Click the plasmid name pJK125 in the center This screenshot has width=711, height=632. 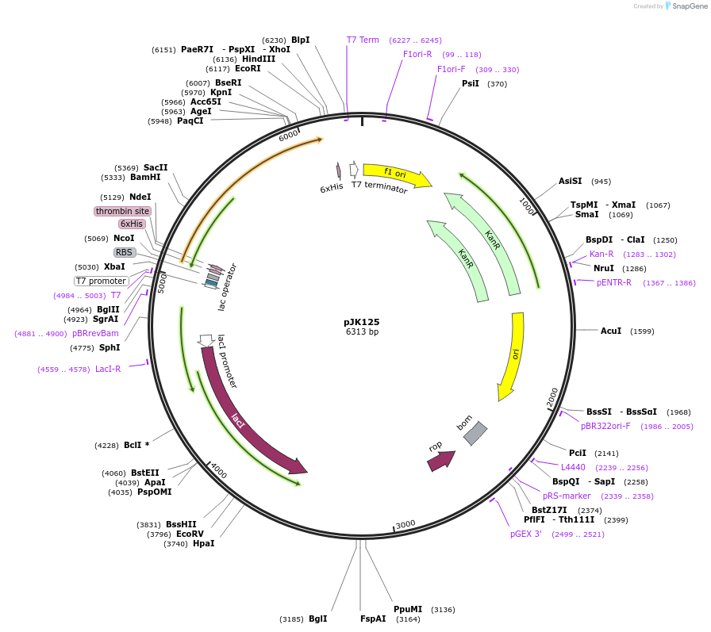[x=361, y=322]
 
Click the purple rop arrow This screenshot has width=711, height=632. [x=441, y=460]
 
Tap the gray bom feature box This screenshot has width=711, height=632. [x=475, y=433]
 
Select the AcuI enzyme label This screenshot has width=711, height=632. [x=611, y=331]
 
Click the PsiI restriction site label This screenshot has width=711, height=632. [x=471, y=83]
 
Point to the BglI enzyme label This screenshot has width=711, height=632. [x=317, y=619]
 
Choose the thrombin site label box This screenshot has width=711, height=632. [x=122, y=211]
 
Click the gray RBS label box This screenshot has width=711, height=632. [x=125, y=252]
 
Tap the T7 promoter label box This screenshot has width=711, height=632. [x=101, y=281]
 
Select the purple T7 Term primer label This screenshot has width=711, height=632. [x=363, y=40]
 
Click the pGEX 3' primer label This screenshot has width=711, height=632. [x=526, y=534]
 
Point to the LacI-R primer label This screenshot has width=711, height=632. [x=108, y=369]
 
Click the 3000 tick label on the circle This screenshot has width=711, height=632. [x=405, y=524]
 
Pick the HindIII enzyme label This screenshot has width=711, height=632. [x=259, y=59]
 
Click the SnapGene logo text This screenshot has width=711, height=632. [x=688, y=6]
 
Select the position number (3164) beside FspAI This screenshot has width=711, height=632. [x=408, y=619]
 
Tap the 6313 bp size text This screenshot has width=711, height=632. [x=361, y=332]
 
